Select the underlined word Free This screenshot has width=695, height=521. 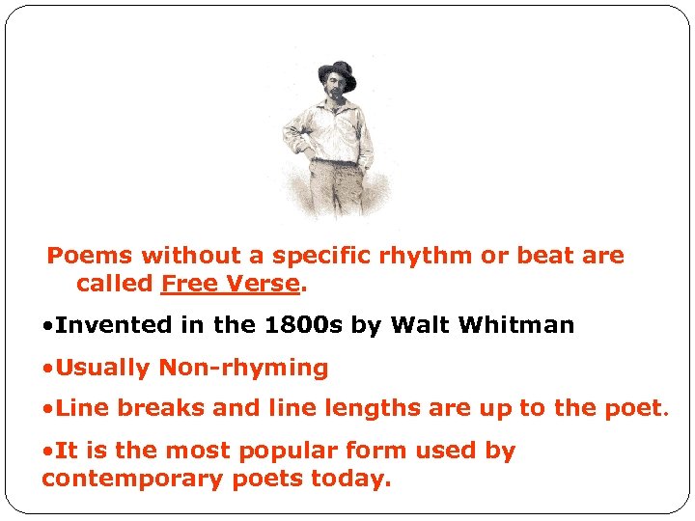[189, 284]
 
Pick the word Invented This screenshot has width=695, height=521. [104, 326]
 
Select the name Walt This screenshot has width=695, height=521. [421, 326]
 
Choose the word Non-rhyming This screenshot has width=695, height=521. [243, 369]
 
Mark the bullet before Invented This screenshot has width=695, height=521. [47, 326]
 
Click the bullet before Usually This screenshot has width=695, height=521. [47, 368]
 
